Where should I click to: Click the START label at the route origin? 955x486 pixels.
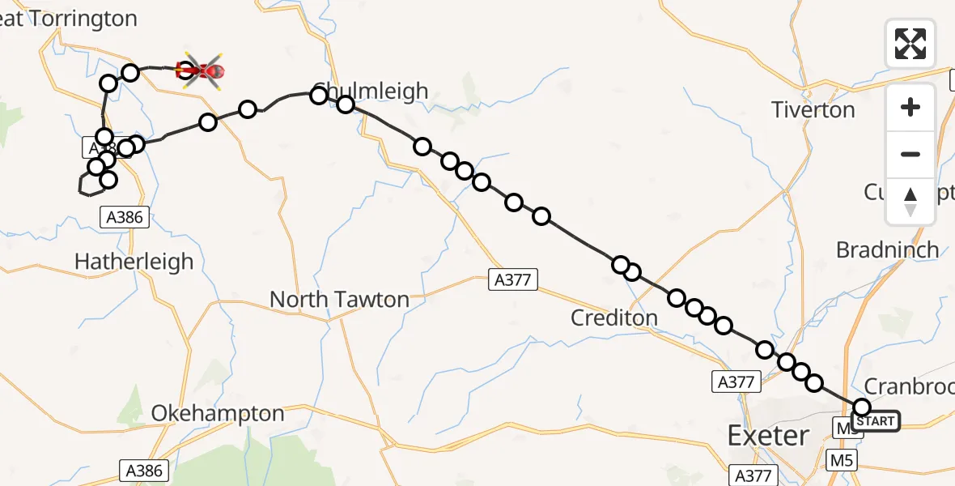click(876, 421)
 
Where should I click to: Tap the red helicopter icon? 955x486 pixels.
click(200, 71)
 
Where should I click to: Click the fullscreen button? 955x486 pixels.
click(910, 44)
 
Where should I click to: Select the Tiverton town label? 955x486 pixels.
click(813, 109)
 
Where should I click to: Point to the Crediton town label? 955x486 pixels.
click(614, 318)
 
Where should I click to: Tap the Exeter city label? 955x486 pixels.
click(768, 436)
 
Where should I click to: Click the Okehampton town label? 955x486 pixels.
click(218, 414)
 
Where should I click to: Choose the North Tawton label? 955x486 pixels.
click(339, 300)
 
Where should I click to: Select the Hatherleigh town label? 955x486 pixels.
click(134, 262)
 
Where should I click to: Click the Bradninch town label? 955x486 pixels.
click(888, 249)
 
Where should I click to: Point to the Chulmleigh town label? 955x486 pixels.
click(371, 91)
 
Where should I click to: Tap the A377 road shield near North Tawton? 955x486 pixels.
click(513, 280)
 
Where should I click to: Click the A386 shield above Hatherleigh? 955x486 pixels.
click(124, 217)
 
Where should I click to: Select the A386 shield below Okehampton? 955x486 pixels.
click(144, 471)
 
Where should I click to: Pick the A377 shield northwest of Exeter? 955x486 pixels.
click(736, 382)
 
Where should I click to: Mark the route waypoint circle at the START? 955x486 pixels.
click(862, 407)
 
